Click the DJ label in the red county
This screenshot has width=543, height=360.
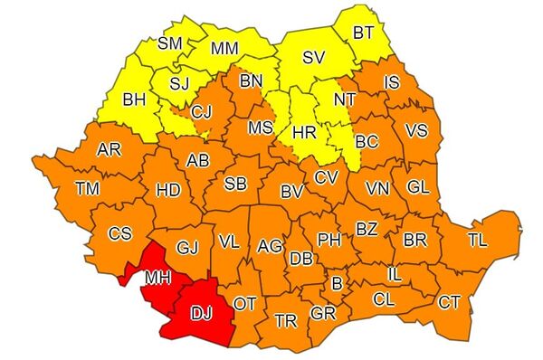click(x=202, y=313)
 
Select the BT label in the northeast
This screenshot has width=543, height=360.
click(x=364, y=33)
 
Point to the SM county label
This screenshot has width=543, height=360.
click(x=169, y=43)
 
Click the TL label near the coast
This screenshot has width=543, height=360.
click(x=477, y=241)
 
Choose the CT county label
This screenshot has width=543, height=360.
click(x=449, y=301)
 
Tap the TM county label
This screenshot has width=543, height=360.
click(x=88, y=188)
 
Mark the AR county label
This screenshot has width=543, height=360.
click(x=110, y=149)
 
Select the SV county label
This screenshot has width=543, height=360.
click(x=313, y=57)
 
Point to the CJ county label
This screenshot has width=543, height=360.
click(x=202, y=113)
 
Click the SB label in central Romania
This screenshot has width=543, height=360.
click(x=235, y=185)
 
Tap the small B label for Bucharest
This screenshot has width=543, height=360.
click(x=338, y=284)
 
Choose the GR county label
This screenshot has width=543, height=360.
click(x=323, y=312)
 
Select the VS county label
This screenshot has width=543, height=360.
click(x=415, y=130)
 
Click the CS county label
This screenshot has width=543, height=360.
click(x=119, y=233)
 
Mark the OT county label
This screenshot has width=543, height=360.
click(x=245, y=303)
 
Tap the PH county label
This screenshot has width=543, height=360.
click(x=329, y=239)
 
